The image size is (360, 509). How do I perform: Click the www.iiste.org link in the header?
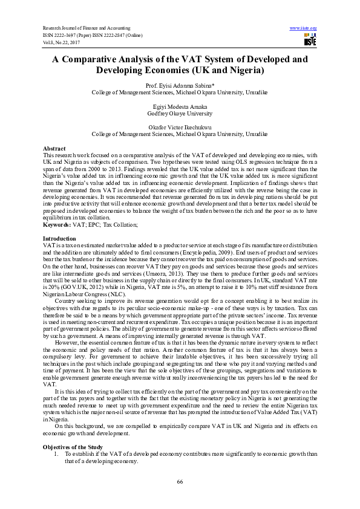click(304, 28)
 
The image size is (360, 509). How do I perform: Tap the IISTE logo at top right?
click(309, 39)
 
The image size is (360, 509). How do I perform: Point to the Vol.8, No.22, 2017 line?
click(60, 42)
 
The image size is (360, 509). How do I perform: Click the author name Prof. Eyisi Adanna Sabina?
click(180, 86)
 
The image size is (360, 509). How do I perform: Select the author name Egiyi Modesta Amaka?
click(180, 106)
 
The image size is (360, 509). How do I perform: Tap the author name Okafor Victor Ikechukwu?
click(180, 126)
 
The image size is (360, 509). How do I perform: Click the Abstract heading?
click(54, 148)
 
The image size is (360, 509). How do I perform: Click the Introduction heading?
click(59, 222)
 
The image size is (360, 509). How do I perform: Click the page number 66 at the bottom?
click(180, 481)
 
